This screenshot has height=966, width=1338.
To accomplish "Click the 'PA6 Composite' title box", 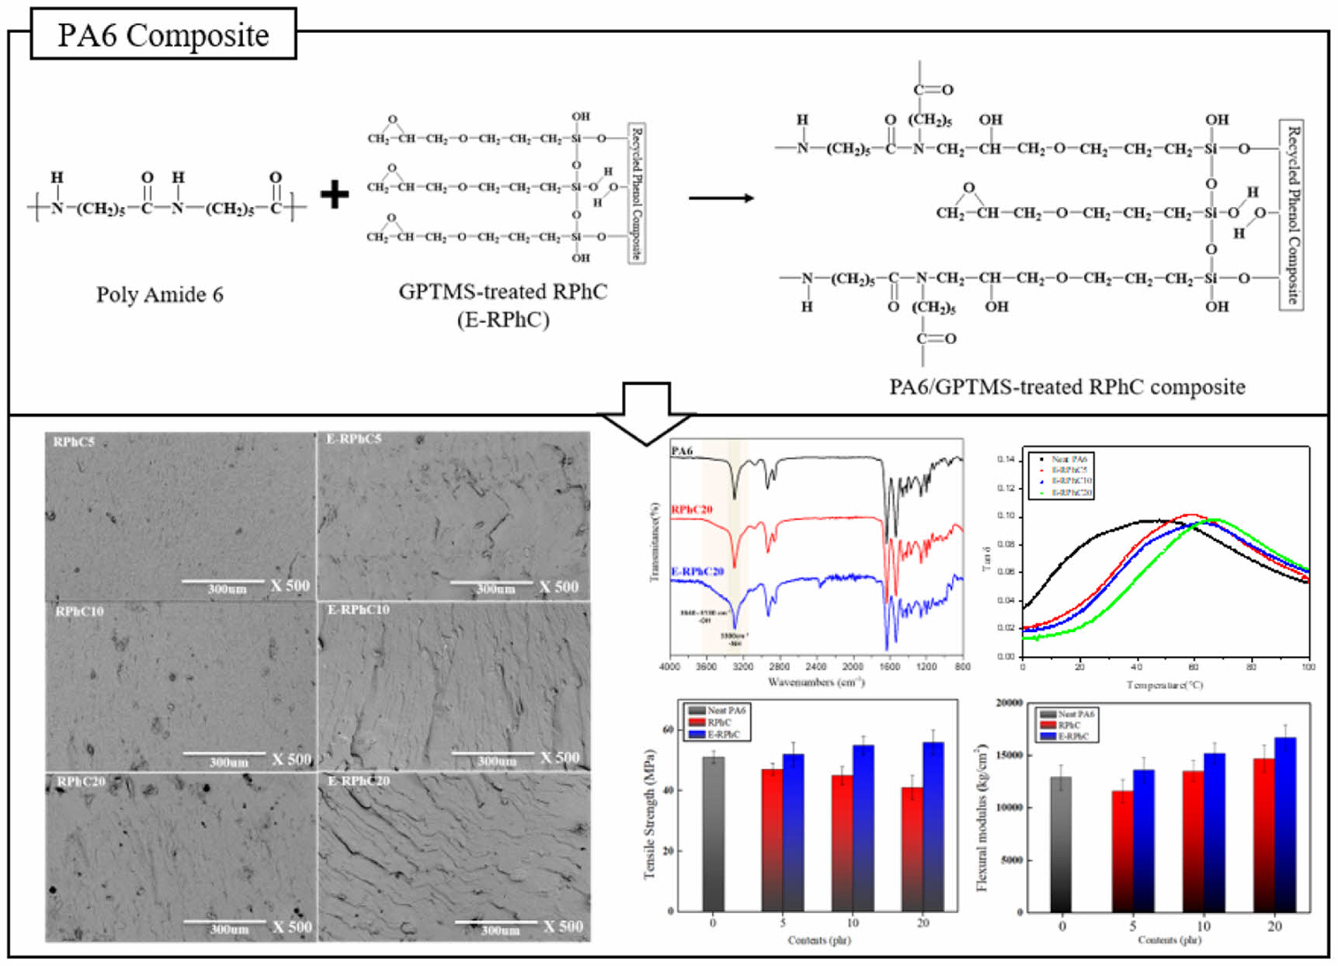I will click(163, 35).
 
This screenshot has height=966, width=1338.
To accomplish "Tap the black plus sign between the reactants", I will click(334, 194).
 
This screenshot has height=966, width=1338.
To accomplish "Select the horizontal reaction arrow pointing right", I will click(721, 198).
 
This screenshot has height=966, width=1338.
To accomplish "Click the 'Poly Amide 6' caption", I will click(159, 295).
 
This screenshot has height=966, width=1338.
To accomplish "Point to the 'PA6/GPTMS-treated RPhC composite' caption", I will click(1067, 387).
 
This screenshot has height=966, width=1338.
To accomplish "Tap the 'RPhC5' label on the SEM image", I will click(74, 442).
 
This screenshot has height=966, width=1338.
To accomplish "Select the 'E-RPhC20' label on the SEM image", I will click(358, 780).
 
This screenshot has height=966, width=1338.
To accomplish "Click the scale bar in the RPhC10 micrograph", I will click(223, 753).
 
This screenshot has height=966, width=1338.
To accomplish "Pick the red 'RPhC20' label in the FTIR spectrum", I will click(692, 509).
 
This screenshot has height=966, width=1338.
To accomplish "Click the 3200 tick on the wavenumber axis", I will click(742, 666).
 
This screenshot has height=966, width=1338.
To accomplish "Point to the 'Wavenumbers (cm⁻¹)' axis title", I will click(816, 683).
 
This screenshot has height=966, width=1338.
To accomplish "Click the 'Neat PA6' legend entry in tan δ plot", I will click(1069, 460).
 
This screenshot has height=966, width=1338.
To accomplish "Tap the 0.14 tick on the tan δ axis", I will click(1006, 460).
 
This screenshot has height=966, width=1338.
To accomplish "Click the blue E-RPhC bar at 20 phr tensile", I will click(933, 826).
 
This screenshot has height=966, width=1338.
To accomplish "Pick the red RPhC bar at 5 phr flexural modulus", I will click(1122, 851).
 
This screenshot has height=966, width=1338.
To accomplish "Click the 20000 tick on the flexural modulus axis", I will click(1009, 703).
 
